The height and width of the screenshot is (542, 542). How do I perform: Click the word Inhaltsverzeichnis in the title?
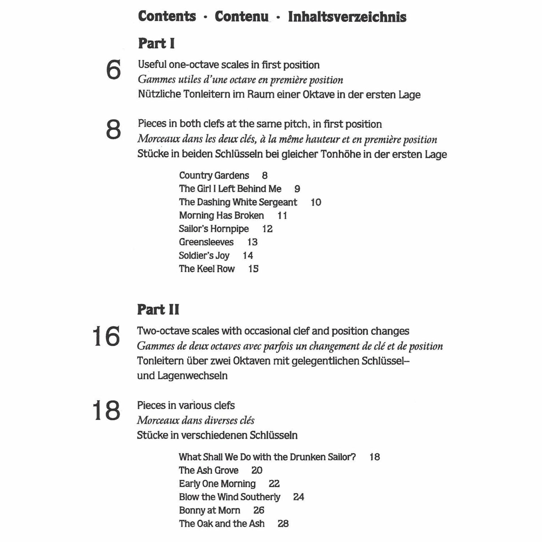pyautogui.click(x=347, y=17)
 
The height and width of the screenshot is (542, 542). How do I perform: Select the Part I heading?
pyautogui.click(x=156, y=44)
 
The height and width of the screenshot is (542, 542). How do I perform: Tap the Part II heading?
pyautogui.click(x=158, y=310)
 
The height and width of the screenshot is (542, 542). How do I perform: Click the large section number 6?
pyautogui.click(x=113, y=70)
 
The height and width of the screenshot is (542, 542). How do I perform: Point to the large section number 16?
pyautogui.click(x=106, y=336)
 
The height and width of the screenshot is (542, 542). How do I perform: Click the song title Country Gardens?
pyautogui.click(x=214, y=176)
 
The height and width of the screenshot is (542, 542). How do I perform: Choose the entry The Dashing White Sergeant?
pyautogui.click(x=238, y=202)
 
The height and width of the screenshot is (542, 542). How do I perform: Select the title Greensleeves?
pyautogui.click(x=206, y=242)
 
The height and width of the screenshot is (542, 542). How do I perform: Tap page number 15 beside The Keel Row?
pyautogui.click(x=253, y=269)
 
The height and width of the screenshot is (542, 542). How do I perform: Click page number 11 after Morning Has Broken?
pyautogui.click(x=282, y=216)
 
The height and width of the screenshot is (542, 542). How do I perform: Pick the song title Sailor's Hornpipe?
pyautogui.click(x=214, y=229)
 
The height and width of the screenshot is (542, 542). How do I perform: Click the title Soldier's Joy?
pyautogui.click(x=204, y=255)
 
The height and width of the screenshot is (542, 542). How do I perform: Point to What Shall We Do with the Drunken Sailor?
pyautogui.click(x=267, y=457)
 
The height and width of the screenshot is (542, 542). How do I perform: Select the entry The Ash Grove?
pyautogui.click(x=209, y=470)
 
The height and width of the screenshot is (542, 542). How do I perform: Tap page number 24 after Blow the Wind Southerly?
pyautogui.click(x=298, y=497)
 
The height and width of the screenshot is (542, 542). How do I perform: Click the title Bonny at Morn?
pyautogui.click(x=209, y=510)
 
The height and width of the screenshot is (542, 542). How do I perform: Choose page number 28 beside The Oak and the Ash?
pyautogui.click(x=283, y=524)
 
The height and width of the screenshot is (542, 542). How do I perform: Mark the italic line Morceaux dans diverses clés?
pyautogui.click(x=196, y=421)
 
